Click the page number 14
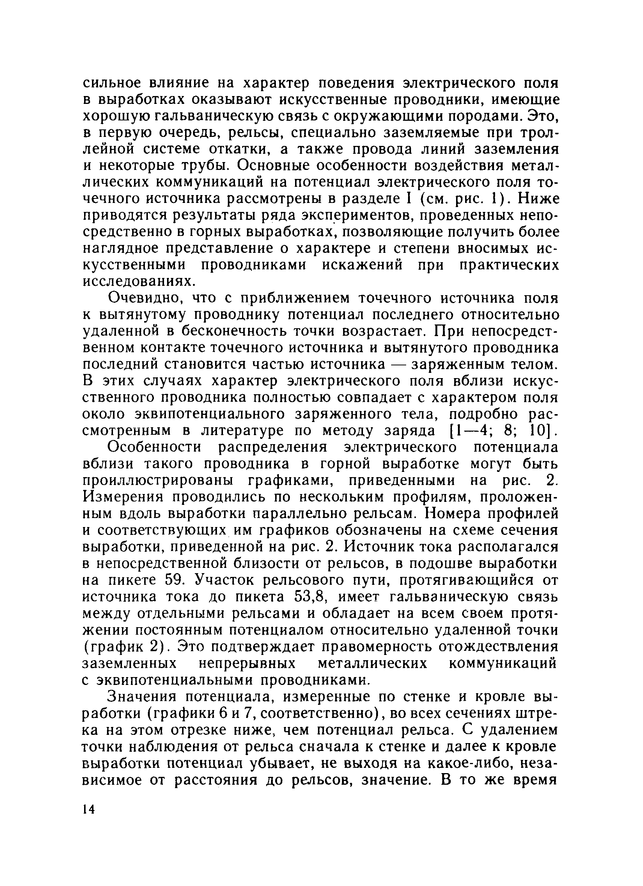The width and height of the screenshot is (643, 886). (89, 809)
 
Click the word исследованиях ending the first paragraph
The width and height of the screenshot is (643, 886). (133, 281)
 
